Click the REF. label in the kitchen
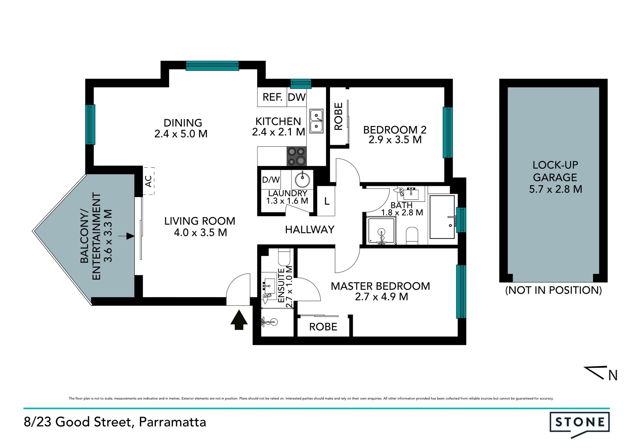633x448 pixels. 272,97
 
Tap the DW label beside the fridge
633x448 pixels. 297,97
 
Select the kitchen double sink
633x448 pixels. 316,121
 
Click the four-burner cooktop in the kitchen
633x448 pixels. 296,156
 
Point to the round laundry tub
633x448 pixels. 302,180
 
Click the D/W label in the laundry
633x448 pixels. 271,180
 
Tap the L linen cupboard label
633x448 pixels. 327,201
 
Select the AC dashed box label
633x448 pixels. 149,181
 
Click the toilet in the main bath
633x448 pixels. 412,236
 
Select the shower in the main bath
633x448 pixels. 381,231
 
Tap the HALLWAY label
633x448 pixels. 310,229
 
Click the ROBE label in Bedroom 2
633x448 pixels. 339,116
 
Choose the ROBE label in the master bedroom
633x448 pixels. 323,327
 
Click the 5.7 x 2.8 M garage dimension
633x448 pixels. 556,189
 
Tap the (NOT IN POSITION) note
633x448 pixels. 554,290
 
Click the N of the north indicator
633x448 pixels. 613,375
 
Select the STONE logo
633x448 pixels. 580,424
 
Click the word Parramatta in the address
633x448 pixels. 172,422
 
